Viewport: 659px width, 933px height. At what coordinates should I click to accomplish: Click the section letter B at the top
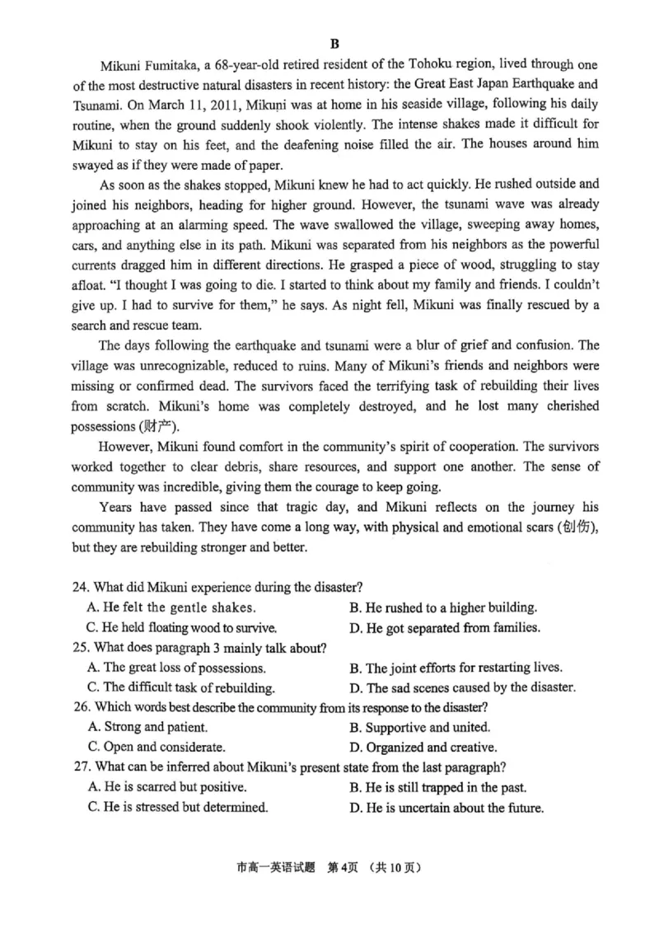334,44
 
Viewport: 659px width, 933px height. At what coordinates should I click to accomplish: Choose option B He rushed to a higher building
443,607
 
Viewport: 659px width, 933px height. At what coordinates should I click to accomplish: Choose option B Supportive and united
419,727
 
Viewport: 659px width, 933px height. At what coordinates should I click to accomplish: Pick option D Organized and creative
423,748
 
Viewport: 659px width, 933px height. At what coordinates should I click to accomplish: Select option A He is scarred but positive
166,787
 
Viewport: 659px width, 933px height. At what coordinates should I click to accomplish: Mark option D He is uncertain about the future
446,808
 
